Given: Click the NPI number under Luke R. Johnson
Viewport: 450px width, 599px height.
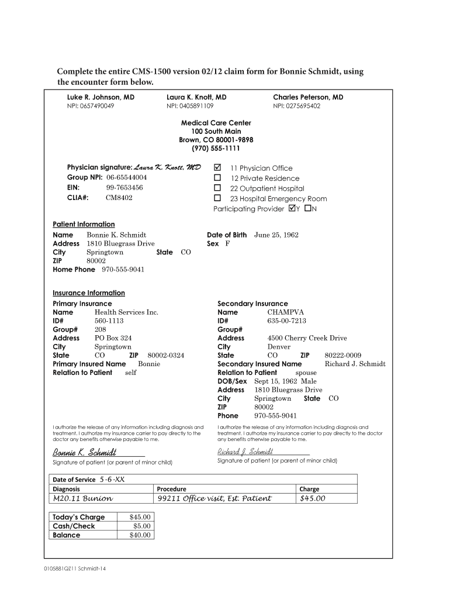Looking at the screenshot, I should [91, 106].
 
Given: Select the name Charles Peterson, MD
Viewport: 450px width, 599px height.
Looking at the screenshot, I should [308, 97].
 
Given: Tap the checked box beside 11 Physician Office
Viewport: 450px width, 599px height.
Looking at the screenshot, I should [217, 168].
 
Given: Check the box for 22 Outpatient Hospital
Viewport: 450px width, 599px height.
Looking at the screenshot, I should [217, 188].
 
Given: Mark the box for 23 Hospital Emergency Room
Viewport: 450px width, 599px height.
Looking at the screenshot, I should [217, 198].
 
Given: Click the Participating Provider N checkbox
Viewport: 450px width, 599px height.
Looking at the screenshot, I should [308, 209].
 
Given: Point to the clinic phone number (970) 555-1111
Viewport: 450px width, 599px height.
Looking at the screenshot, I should [216, 149].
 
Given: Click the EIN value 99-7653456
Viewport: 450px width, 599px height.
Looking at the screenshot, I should [124, 188].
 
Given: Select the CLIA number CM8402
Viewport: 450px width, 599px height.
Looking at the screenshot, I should [119, 198].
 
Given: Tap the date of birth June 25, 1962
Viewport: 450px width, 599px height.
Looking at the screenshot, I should [276, 235].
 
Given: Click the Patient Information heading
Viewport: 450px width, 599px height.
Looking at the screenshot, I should [84, 224].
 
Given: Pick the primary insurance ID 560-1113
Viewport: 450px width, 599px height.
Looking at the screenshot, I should [109, 321].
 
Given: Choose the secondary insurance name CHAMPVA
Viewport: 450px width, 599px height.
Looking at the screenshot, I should [285, 312].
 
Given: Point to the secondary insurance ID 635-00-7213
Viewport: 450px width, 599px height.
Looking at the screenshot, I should [286, 321].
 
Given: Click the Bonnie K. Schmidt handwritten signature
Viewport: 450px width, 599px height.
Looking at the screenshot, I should [85, 452].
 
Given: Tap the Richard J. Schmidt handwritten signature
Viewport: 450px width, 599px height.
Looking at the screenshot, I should [245, 452].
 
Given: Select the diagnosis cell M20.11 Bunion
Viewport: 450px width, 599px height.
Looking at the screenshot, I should [83, 498].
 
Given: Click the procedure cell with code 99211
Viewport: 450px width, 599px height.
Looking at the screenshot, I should [214, 498].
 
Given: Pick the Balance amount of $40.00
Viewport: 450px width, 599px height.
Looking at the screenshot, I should [140, 535].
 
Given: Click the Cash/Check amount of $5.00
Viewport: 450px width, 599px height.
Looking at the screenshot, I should [142, 526].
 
